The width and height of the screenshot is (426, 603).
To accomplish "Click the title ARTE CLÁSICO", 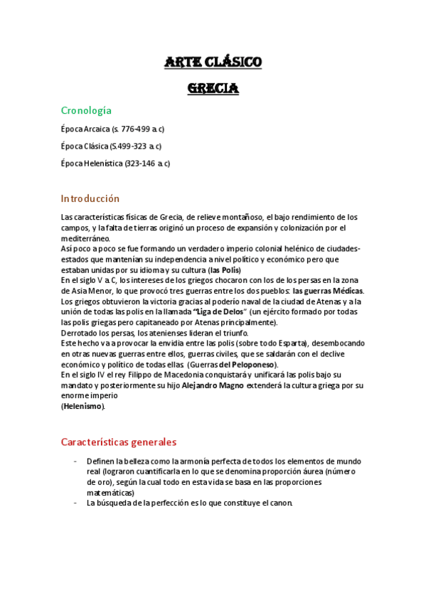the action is [x=213, y=63].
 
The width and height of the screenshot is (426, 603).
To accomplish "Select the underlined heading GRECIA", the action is [x=213, y=89].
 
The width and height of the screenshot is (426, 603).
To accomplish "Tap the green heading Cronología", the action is [x=86, y=110].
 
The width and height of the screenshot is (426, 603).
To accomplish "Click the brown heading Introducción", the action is [x=90, y=198].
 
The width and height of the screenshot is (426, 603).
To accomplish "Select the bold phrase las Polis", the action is [x=225, y=270].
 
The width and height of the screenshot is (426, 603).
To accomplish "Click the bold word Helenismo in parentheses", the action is [x=82, y=406].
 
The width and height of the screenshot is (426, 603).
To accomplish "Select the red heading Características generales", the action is [x=118, y=442].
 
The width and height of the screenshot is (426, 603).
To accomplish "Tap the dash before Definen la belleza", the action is [x=75, y=461].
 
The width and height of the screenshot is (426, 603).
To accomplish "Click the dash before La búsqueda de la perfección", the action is [x=75, y=503].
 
